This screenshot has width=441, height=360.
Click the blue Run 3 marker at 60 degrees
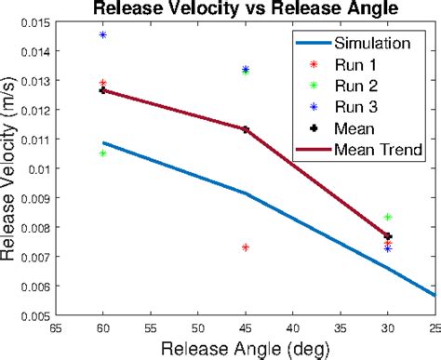[102, 34]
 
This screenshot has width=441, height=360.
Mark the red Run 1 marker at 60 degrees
[102, 83]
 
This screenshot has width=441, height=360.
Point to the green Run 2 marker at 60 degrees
[102, 153]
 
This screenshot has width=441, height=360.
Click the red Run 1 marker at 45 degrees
[245, 247]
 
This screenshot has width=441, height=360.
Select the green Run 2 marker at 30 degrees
[388, 217]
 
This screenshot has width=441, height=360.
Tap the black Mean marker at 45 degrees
[245, 129]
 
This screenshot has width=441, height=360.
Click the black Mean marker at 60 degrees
[102, 90]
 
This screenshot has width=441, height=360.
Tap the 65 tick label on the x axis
[56, 328]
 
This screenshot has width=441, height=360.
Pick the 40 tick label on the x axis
[293, 328]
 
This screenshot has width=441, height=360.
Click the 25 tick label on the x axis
[433, 328]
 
